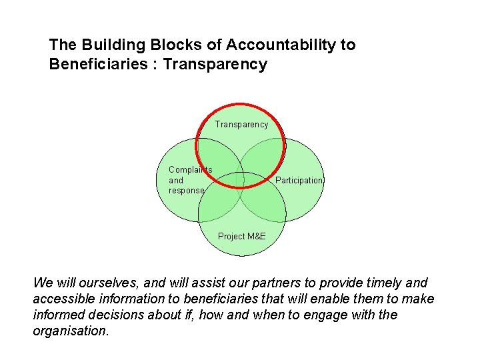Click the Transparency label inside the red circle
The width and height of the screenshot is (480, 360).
[241, 124]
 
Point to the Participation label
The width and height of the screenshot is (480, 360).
[299, 181]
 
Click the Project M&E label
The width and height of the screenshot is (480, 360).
[241, 237]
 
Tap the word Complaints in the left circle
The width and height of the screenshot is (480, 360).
[190, 170]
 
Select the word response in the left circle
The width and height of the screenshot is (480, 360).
[186, 191]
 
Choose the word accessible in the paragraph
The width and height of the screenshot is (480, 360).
[64, 299]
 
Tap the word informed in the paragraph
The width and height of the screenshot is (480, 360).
[60, 315]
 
